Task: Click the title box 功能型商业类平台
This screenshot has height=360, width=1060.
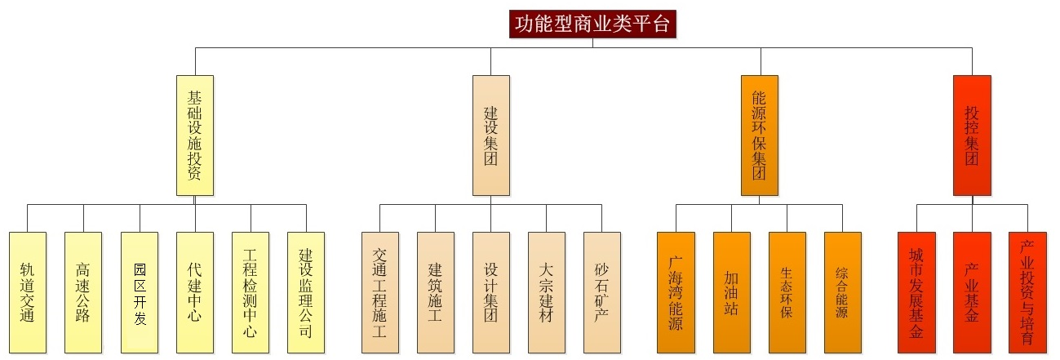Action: point(593,24)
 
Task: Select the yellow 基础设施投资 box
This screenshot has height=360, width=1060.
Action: point(195,135)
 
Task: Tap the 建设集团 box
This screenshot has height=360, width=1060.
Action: point(490,135)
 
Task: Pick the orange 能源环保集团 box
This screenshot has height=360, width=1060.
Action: point(760,135)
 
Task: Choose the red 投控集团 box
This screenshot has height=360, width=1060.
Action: point(972,135)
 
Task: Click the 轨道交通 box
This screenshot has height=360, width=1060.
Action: point(28,292)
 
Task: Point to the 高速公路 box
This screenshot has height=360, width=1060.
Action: point(83,292)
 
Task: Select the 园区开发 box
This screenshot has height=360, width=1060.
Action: point(140,292)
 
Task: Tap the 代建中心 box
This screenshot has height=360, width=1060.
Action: point(195,292)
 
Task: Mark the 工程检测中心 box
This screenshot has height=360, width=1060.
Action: point(251,292)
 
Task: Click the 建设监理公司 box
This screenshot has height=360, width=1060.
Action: point(306,292)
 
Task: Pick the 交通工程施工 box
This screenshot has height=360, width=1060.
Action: point(380,292)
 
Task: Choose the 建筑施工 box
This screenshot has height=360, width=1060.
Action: point(435,292)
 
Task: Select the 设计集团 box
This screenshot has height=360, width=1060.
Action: point(490,292)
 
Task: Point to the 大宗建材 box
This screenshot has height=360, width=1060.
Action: point(546,292)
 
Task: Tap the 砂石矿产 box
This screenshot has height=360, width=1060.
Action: point(601,292)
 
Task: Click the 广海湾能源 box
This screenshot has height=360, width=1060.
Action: point(676,292)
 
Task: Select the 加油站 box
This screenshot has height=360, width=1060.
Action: point(731,292)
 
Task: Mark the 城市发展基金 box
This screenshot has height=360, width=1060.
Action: point(916,292)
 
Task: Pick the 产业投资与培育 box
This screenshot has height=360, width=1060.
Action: point(1027,292)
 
